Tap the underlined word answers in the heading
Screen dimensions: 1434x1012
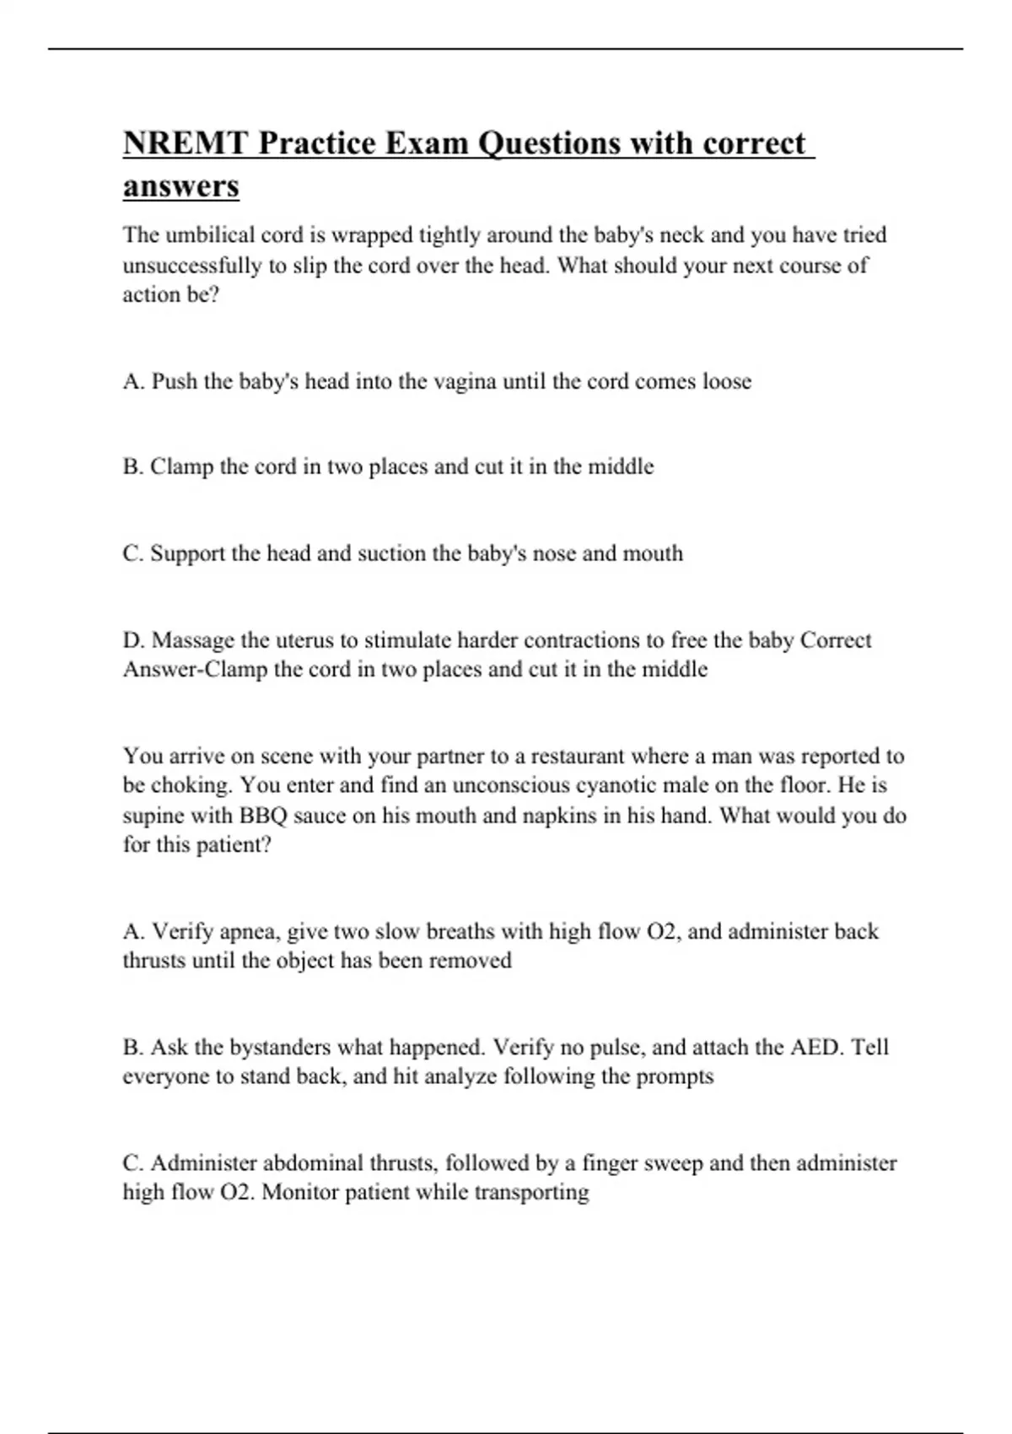pyautogui.click(x=180, y=186)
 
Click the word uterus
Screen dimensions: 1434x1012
pyautogui.click(x=304, y=640)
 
